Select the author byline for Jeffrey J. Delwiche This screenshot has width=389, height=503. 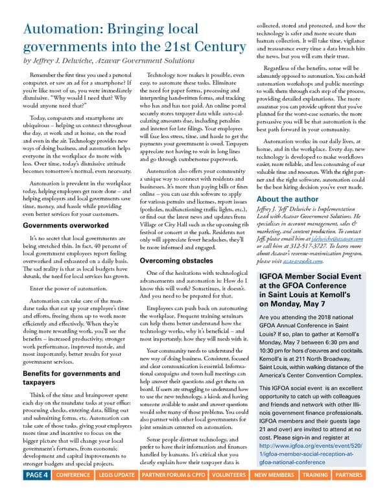pos(108,61)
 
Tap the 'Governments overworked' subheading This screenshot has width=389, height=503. pos(65,226)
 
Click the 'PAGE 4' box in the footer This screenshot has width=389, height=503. pos(37,493)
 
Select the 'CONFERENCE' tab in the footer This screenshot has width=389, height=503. pos(73,493)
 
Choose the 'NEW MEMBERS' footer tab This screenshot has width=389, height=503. pos(274,493)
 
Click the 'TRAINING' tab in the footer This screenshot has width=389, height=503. pos(315,493)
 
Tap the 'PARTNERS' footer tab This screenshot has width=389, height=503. pos(349,493)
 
